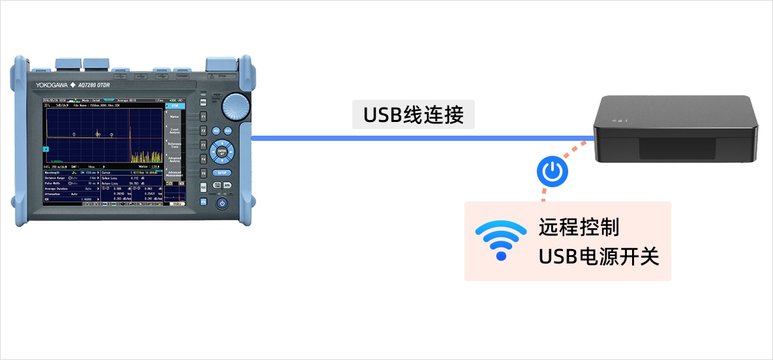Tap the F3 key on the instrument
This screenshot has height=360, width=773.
click(203, 144)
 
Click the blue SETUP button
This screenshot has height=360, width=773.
click(222, 173)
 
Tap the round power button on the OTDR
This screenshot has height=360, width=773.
click(222, 203)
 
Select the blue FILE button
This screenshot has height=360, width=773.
click(216, 130)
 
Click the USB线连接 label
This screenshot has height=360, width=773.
click(414, 115)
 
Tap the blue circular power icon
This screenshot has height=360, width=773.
click(553, 172)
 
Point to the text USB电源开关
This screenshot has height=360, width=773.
click(599, 256)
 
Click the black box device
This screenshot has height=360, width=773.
click(676, 130)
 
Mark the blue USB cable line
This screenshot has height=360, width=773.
click(417, 138)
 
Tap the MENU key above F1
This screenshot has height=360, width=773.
click(203, 102)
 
